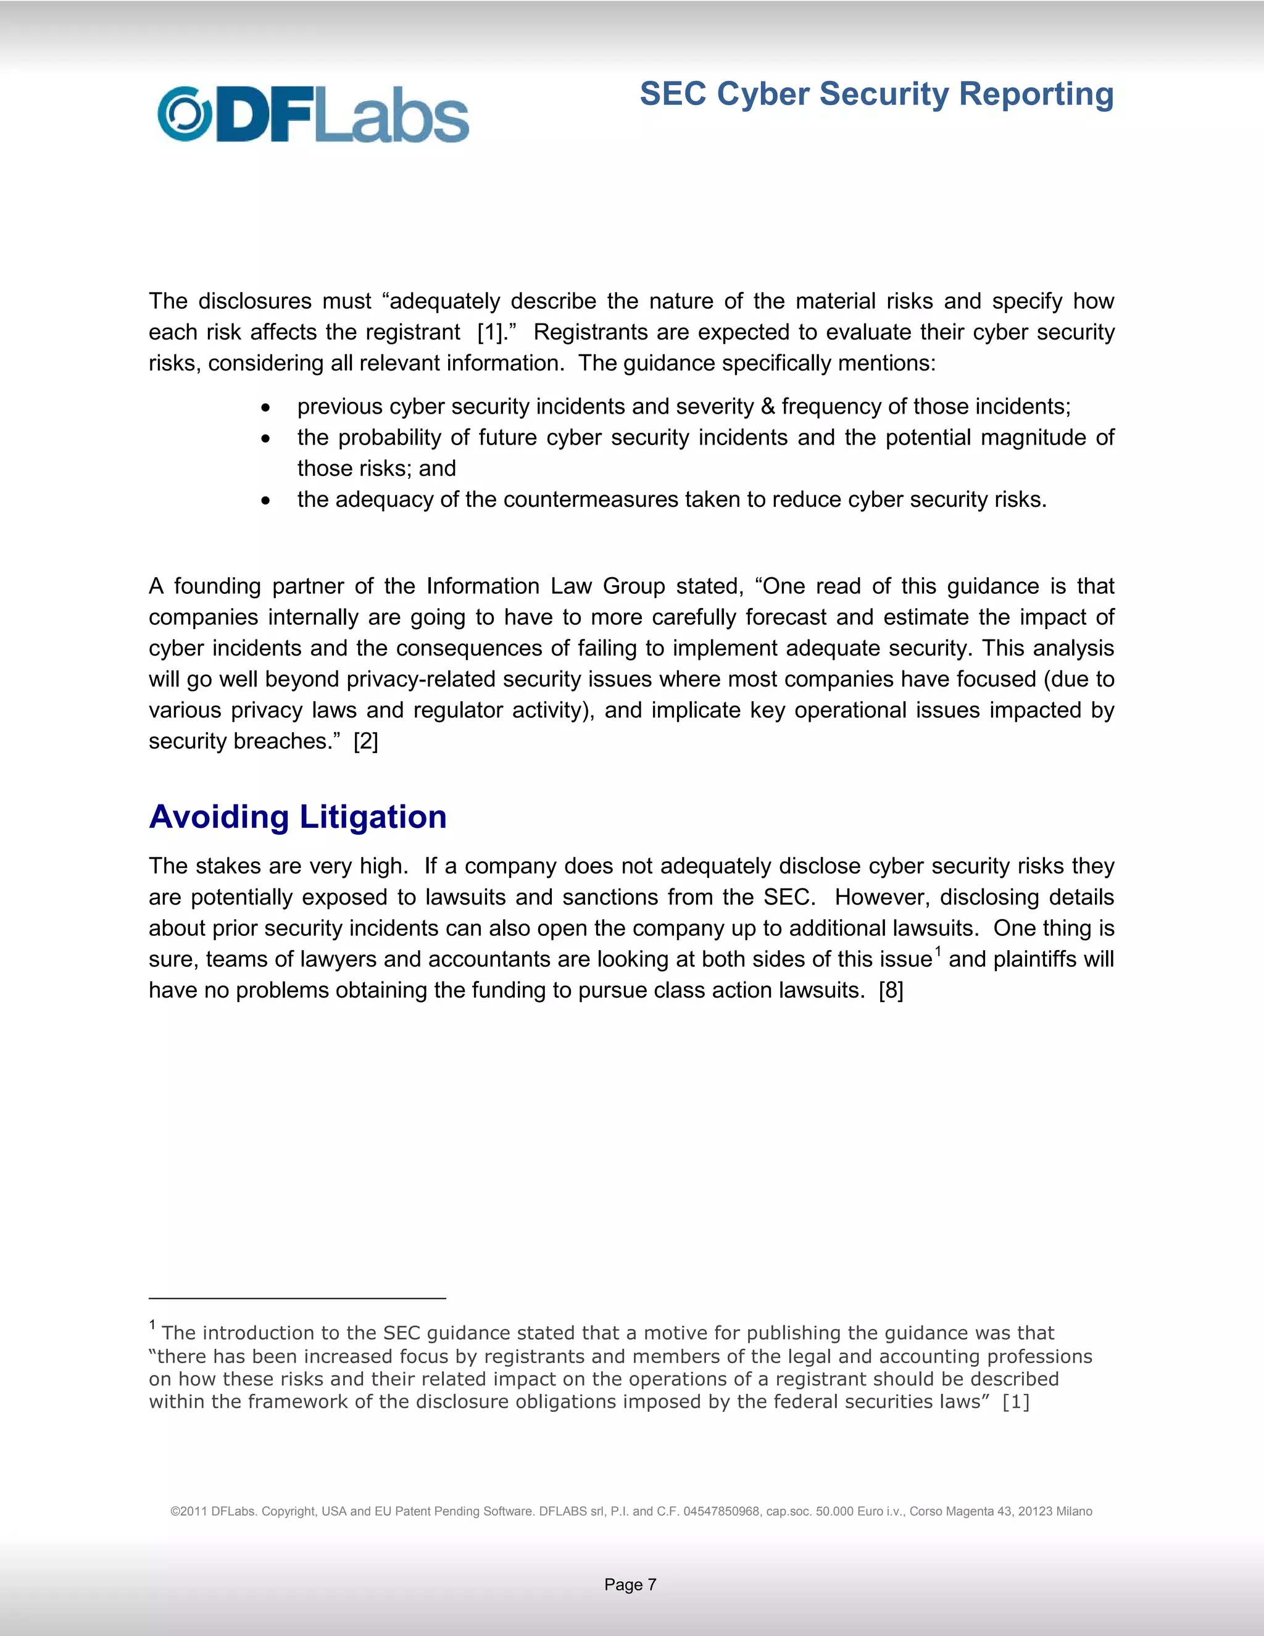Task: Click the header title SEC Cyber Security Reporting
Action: point(876,94)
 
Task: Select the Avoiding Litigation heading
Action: point(297,817)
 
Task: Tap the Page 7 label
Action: point(631,1584)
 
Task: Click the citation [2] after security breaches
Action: point(365,741)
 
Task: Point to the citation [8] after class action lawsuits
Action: point(891,990)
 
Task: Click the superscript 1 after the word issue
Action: point(938,952)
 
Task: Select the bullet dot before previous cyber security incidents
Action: point(266,407)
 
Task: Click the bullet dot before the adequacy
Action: point(266,501)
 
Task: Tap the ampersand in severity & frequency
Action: point(768,407)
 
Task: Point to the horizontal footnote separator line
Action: point(297,1298)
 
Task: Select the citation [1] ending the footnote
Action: point(1015,1402)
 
